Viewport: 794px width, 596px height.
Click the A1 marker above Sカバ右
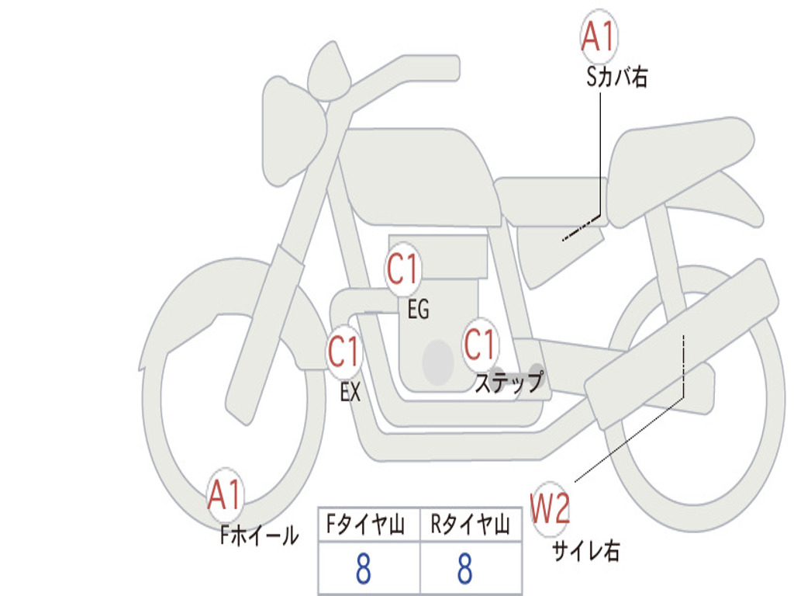click(599, 36)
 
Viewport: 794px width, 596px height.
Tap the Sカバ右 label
click(616, 78)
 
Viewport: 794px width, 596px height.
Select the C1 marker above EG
click(403, 269)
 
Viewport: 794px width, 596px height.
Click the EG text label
click(418, 309)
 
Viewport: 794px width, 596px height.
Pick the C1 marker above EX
click(344, 352)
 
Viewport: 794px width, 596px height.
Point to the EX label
click(350, 392)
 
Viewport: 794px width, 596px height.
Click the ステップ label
click(509, 382)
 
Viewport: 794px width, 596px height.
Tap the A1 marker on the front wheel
click(225, 494)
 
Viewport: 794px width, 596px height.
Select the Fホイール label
click(259, 535)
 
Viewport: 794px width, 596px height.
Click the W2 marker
click(550, 508)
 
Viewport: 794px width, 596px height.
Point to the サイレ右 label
click(586, 550)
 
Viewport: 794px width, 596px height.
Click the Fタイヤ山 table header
click(366, 524)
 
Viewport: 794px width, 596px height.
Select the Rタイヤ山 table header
click(471, 524)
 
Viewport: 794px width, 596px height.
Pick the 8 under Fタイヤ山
click(364, 568)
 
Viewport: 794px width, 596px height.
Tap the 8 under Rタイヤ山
click(465, 568)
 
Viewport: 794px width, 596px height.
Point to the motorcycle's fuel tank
click(420, 175)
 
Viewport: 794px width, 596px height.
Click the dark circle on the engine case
click(438, 362)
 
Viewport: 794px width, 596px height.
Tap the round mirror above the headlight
click(330, 71)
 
